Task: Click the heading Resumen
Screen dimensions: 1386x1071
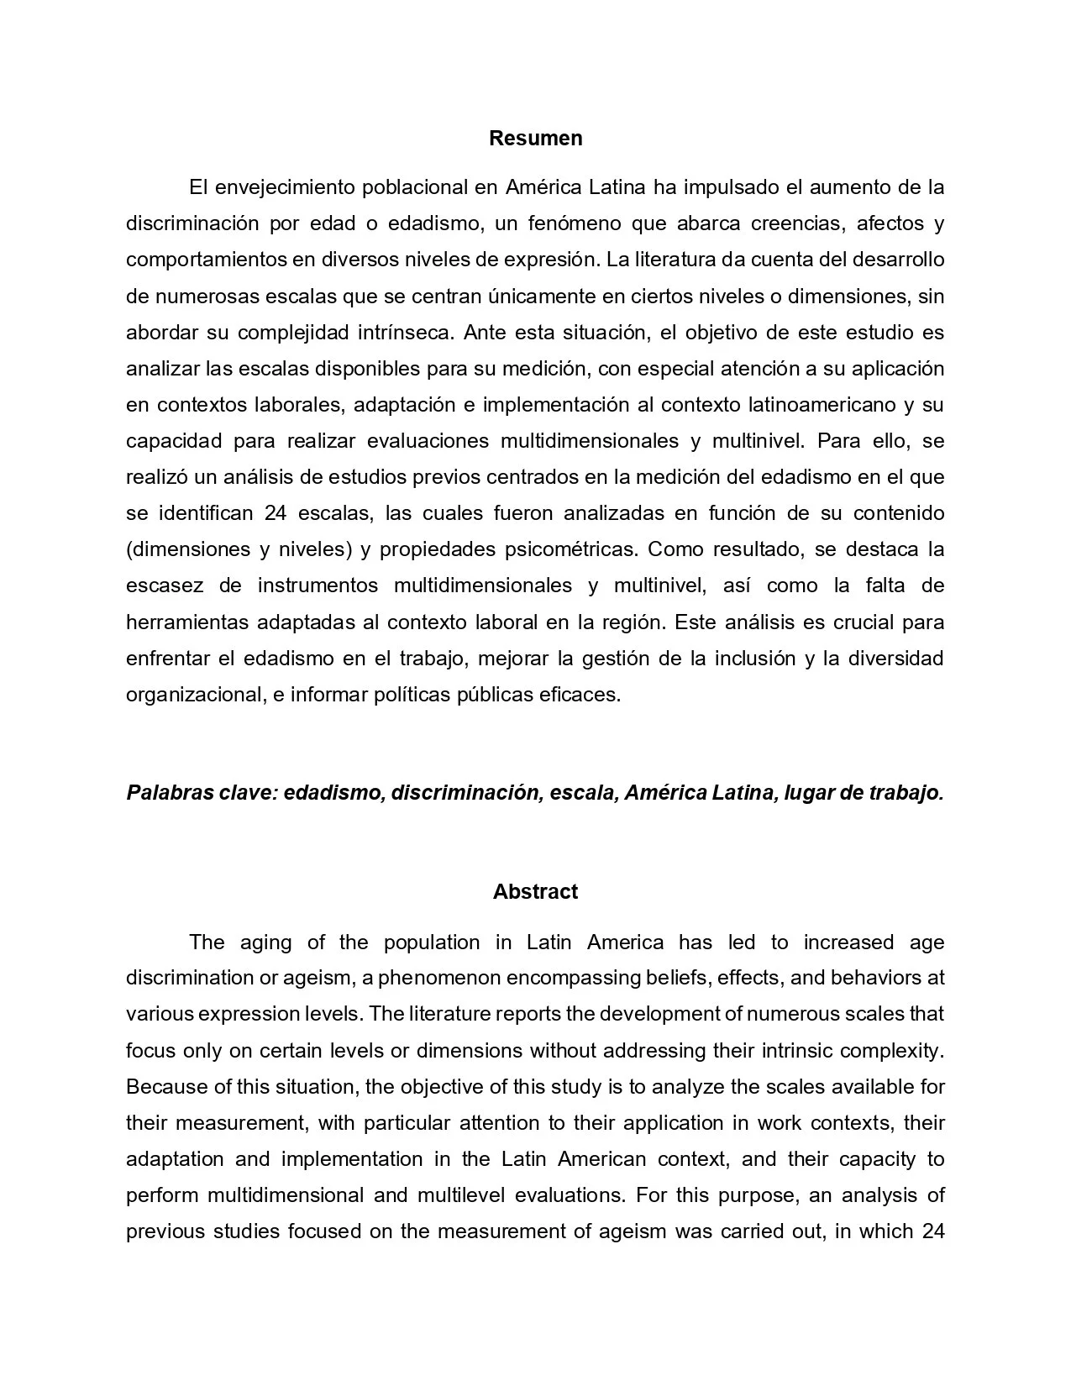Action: [535, 138]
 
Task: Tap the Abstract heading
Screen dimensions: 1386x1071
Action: [535, 891]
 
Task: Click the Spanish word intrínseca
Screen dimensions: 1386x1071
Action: [394, 332]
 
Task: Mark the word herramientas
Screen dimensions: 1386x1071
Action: [187, 622]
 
